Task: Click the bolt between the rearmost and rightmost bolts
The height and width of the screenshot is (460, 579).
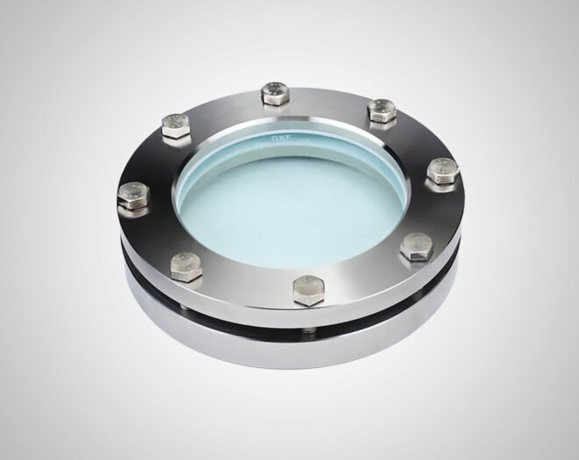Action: [382, 109]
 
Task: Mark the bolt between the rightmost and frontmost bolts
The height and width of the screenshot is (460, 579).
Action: [417, 246]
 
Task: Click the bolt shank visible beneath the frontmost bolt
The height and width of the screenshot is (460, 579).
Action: [309, 329]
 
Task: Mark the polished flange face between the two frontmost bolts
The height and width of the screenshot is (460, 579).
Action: [246, 285]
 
